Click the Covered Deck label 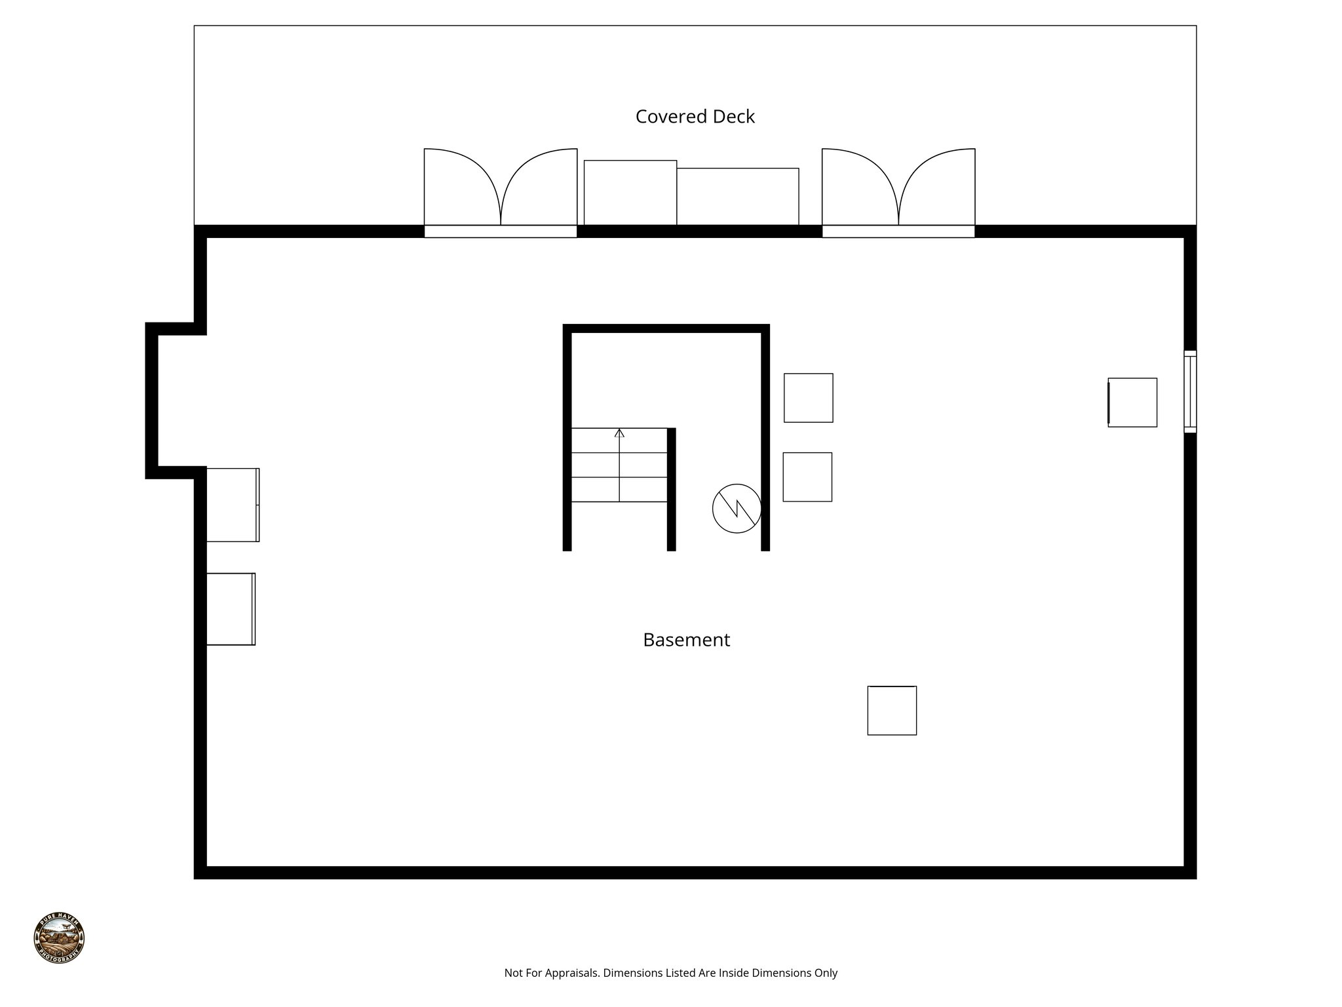695,117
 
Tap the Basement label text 686,640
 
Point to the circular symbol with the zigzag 737,508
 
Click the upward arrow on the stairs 619,435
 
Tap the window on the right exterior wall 1190,392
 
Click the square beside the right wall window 1132,403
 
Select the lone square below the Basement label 892,711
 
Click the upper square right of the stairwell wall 809,398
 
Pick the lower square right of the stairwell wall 807,477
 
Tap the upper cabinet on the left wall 233,505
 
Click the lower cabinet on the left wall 231,609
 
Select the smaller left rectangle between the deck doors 630,193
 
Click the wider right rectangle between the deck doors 737,197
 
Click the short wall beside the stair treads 671,489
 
